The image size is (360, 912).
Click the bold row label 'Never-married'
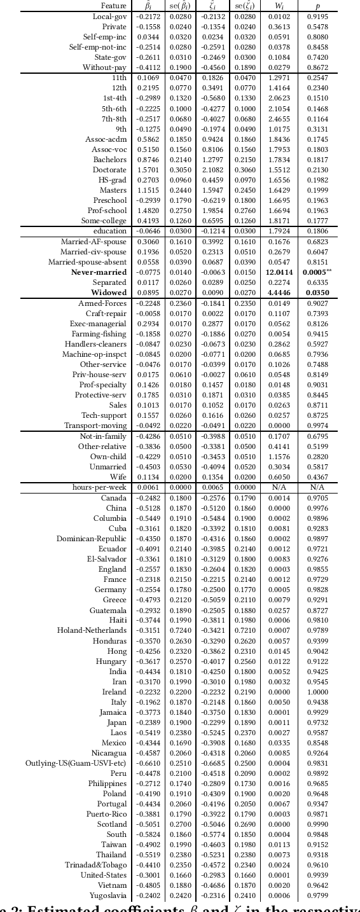[99, 272]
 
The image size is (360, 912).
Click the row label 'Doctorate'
[109, 170]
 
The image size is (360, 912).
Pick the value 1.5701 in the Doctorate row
[148, 170]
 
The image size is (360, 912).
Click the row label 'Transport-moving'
[95, 425]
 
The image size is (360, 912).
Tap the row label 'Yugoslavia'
[108, 895]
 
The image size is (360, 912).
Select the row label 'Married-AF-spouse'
[93, 242]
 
